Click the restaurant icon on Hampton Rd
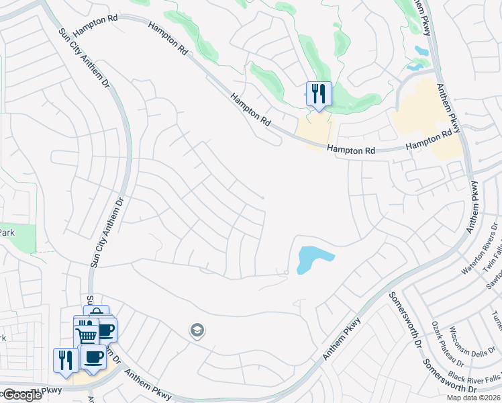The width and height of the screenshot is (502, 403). (x=319, y=94)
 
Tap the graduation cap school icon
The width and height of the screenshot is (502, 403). (x=197, y=330)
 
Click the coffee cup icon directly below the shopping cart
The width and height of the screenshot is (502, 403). (x=94, y=357)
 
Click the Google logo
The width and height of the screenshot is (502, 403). (x=22, y=395)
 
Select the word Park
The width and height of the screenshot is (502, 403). (x=7, y=232)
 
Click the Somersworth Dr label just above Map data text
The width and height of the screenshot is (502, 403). (x=450, y=375)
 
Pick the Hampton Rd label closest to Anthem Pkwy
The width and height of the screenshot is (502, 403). (x=429, y=140)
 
